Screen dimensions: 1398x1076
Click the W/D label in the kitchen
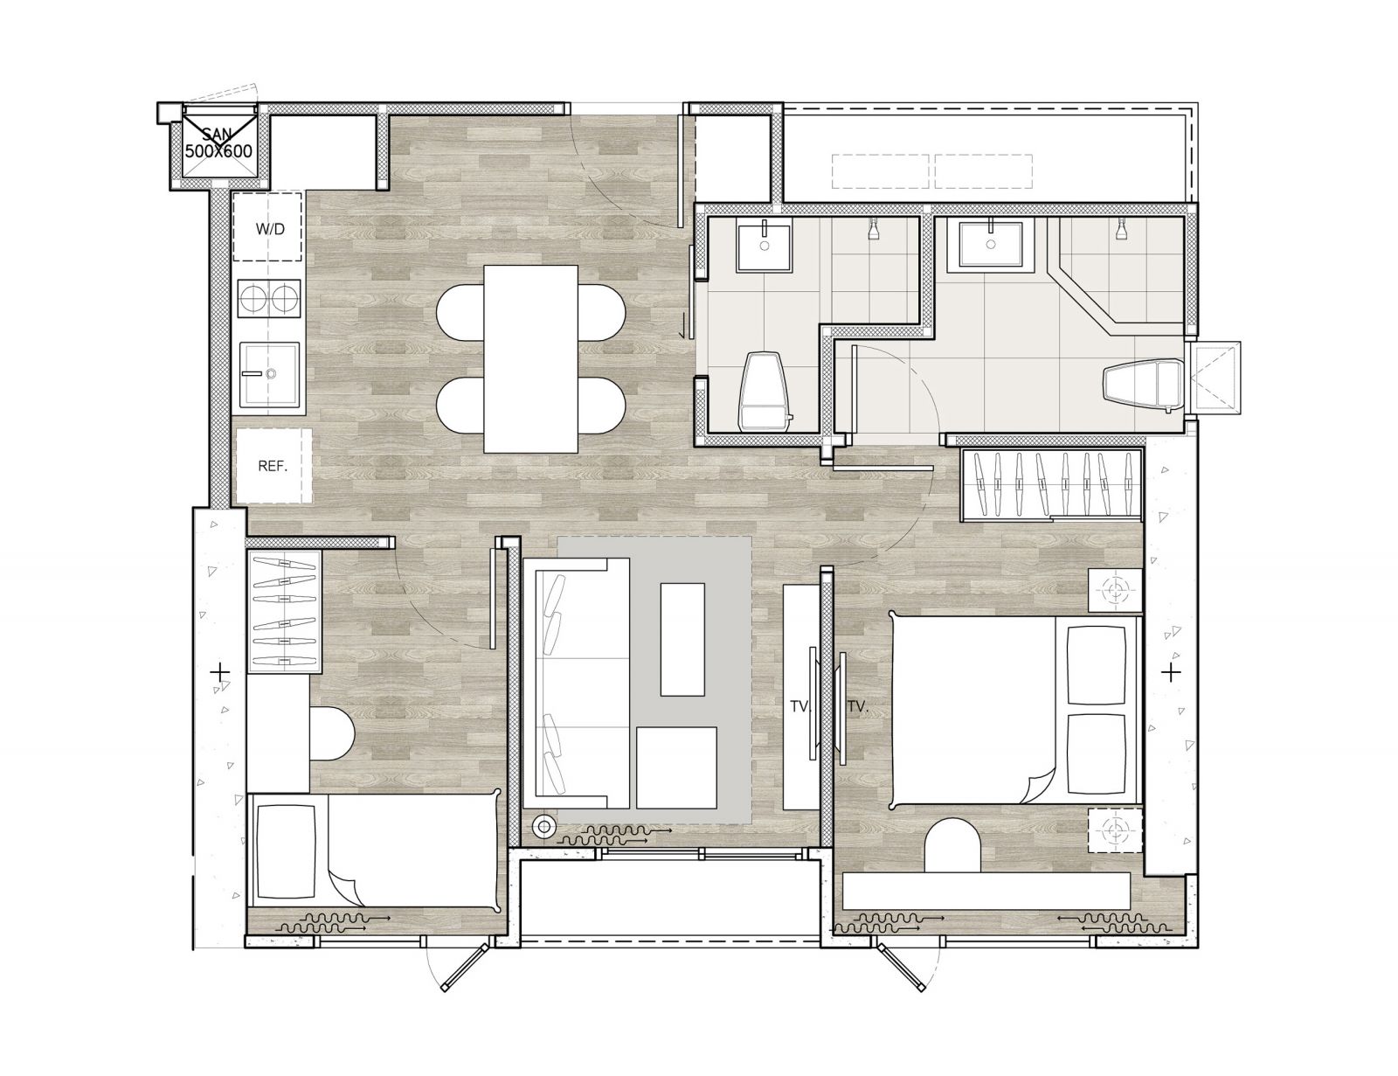point(270,229)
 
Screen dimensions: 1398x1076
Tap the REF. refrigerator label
point(272,466)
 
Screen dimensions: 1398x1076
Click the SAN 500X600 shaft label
point(218,143)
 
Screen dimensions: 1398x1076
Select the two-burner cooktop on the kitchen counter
point(270,298)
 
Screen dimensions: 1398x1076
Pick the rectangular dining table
point(530,359)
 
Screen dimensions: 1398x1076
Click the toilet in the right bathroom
point(1143,385)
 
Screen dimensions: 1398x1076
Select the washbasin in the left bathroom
point(765,246)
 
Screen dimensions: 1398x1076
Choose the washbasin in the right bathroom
point(991,244)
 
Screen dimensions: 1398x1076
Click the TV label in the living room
point(799,706)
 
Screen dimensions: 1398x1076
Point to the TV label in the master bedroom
point(858,706)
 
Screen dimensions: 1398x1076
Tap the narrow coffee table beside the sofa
point(682,639)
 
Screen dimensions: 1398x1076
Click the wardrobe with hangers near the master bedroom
point(1052,483)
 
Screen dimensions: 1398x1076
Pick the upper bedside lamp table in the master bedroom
point(1115,590)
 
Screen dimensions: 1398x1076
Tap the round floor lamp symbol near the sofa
point(544,826)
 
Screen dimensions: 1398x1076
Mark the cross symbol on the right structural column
point(1171,673)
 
